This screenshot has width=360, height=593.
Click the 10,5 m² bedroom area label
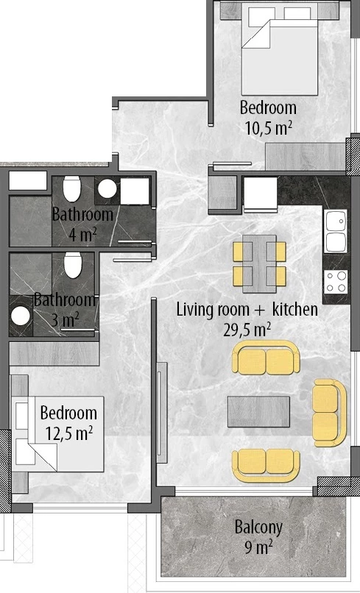click(x=269, y=128)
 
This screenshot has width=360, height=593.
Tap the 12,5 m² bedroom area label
click(x=69, y=433)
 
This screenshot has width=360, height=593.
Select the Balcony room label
click(x=258, y=528)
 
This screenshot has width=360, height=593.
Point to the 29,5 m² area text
click(x=247, y=330)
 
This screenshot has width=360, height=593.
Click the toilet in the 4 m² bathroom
click(x=72, y=188)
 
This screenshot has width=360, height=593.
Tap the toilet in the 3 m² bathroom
click(x=73, y=265)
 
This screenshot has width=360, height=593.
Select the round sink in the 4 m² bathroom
click(x=107, y=188)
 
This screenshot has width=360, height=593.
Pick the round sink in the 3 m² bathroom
click(x=21, y=316)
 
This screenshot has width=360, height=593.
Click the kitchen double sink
click(x=336, y=231)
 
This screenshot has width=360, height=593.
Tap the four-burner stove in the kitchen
click(x=336, y=281)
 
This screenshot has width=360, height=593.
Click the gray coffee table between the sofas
click(x=258, y=411)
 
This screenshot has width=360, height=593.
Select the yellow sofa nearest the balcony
click(x=266, y=466)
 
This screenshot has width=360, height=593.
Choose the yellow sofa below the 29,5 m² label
click(x=266, y=358)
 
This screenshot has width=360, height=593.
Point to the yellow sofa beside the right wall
click(x=329, y=413)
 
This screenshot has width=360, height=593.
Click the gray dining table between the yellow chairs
click(x=259, y=263)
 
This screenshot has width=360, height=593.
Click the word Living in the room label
click(x=194, y=310)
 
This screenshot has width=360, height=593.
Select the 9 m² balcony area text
click(x=258, y=547)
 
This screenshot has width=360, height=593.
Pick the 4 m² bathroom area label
click(x=83, y=235)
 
